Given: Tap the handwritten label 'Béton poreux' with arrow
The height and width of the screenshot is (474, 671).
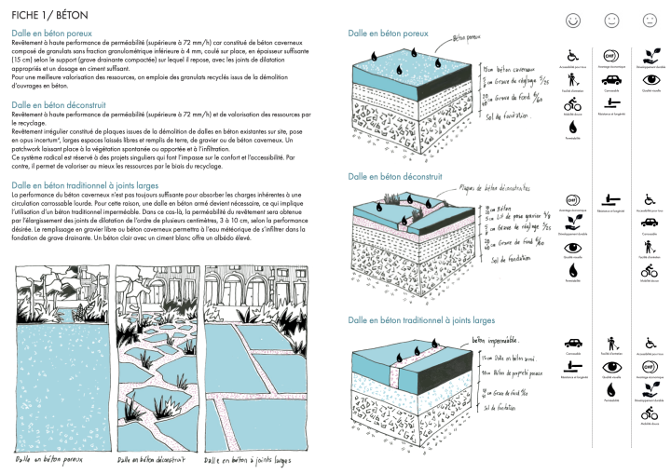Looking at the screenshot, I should click(470, 40).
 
